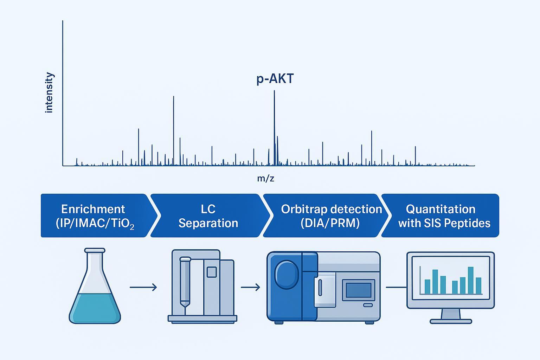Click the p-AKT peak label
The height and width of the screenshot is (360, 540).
point(275,79)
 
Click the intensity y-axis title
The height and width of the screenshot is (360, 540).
point(49,93)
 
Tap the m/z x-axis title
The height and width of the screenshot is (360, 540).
point(265,179)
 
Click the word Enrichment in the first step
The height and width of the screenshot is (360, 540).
point(93,209)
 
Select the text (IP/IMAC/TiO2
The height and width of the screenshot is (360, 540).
point(95,224)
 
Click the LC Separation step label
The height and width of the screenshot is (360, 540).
point(208,216)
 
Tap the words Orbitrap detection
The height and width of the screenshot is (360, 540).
point(331,209)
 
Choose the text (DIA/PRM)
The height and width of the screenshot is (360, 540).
point(330,223)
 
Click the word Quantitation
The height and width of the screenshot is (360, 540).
point(441,209)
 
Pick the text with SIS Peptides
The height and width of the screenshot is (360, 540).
point(444,223)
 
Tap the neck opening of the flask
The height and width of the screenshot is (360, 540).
point(95,251)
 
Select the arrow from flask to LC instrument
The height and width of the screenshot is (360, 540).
point(143,287)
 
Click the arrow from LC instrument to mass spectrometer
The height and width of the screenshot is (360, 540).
point(250,287)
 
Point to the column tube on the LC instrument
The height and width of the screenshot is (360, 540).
point(185,281)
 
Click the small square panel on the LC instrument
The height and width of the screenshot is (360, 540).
point(212,272)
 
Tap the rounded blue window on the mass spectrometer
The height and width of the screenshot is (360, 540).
point(286,274)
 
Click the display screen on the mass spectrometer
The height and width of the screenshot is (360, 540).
point(359,290)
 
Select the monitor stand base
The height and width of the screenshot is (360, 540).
point(451,321)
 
